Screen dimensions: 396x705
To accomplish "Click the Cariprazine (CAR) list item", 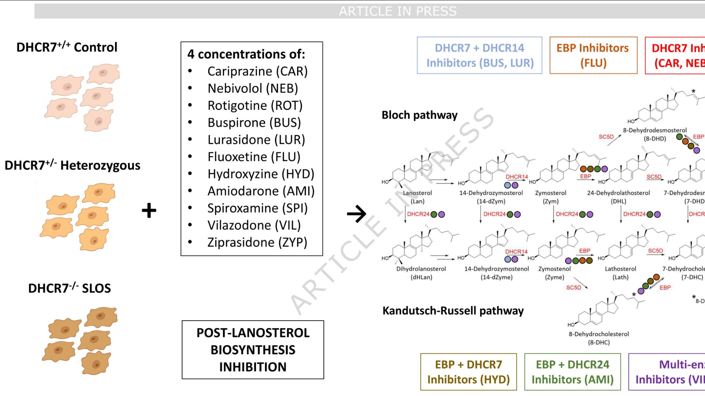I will pyautogui.click(x=257, y=71).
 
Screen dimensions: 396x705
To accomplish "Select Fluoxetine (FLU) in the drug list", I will pyautogui.click(x=254, y=157).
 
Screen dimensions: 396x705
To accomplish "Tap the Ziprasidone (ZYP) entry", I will pyautogui.click(x=257, y=242).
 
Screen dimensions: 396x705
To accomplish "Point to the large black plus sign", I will pyautogui.click(x=149, y=210).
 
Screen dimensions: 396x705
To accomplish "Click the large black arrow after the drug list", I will pyautogui.click(x=357, y=213).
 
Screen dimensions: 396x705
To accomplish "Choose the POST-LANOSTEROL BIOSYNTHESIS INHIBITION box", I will pyautogui.click(x=253, y=350).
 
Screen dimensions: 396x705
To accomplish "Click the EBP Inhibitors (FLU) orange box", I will pyautogui.click(x=593, y=55).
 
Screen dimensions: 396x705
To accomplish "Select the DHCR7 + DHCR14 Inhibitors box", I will pyautogui.click(x=480, y=55).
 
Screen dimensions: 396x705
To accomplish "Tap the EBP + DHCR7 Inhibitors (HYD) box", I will pyautogui.click(x=469, y=372).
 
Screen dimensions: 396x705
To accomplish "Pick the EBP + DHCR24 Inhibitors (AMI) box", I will pyautogui.click(x=572, y=372).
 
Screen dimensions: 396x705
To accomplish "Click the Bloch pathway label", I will pyautogui.click(x=419, y=115).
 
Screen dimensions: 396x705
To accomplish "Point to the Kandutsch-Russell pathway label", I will pyautogui.click(x=453, y=311).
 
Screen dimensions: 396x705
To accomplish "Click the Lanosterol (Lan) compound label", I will pyautogui.click(x=417, y=197).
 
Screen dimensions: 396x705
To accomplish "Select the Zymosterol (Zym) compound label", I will pyautogui.click(x=550, y=197).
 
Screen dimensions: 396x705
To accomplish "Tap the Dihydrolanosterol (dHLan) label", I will pyautogui.click(x=421, y=273).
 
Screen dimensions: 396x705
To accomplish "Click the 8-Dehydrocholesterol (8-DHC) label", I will pyautogui.click(x=599, y=338).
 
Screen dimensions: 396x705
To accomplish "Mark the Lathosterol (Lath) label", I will pyautogui.click(x=621, y=273).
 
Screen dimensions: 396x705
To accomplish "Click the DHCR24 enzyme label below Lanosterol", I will pyautogui.click(x=418, y=214).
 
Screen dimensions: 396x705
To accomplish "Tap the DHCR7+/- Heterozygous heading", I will pyautogui.click(x=72, y=165).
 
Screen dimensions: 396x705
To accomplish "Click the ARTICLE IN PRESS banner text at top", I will pyautogui.click(x=398, y=11).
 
